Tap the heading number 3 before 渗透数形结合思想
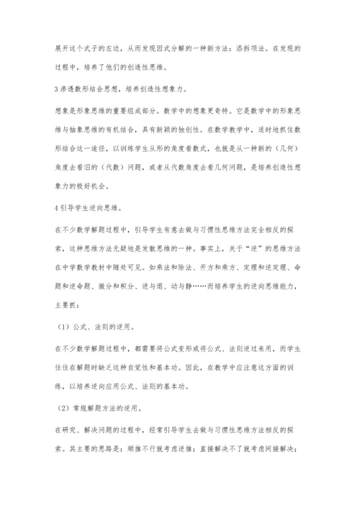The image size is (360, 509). [56, 89]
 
